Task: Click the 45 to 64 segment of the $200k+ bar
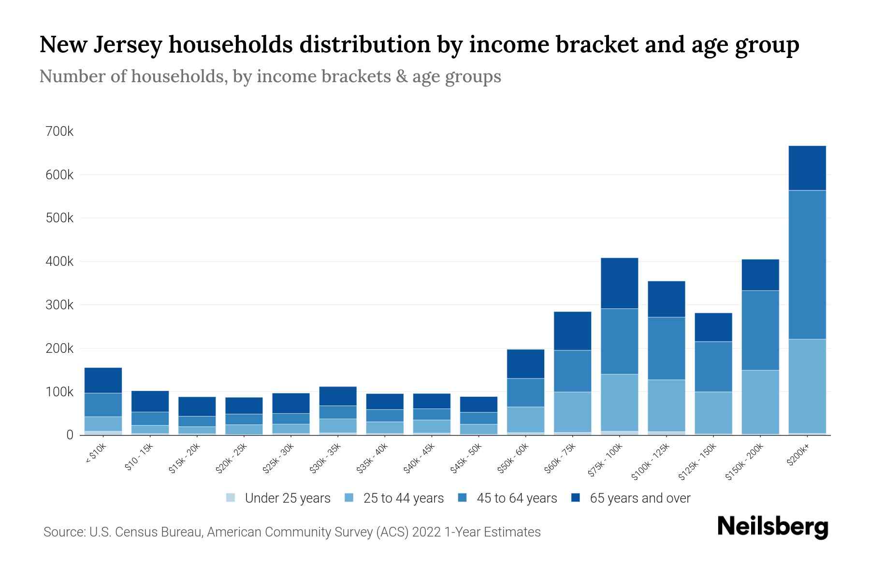tap(807, 264)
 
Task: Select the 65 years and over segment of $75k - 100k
tap(619, 283)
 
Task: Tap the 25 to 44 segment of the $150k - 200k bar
tap(760, 402)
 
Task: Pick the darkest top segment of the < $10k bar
tap(103, 380)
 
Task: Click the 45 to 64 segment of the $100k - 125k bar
tap(666, 348)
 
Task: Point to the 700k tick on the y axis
tap(59, 131)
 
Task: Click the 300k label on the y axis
tap(59, 305)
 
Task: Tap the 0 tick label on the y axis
tap(70, 435)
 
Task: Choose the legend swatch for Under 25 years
tap(231, 498)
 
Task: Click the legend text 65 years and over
tap(640, 498)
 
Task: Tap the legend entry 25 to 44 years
tap(403, 498)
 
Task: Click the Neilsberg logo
tap(772, 527)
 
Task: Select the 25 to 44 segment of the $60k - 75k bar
tap(572, 412)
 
